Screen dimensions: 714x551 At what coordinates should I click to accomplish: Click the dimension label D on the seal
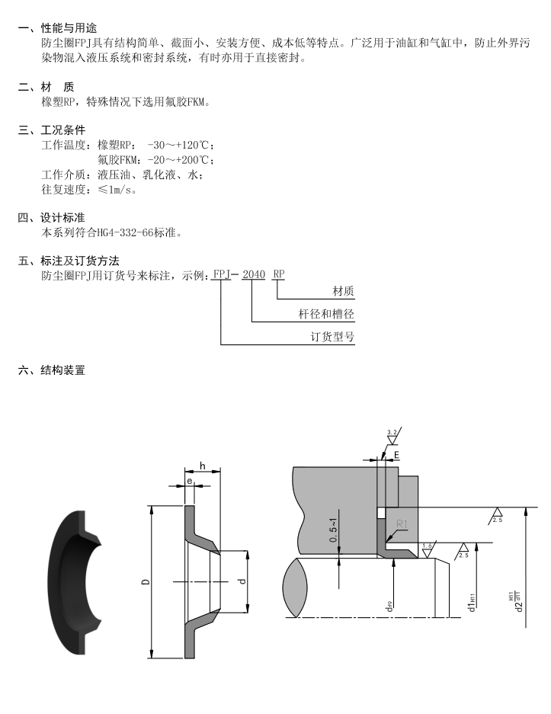coord(145,581)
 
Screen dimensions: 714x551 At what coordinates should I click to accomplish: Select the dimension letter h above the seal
coord(203,466)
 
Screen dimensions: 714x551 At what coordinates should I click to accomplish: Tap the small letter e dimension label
coord(188,482)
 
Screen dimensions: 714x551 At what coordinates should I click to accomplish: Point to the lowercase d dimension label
coord(241,581)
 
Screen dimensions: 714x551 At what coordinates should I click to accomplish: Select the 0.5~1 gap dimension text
coord(333,527)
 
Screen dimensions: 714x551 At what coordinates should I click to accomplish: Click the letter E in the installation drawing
coord(396,455)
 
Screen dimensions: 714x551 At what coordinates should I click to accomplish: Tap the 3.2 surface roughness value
coord(392,433)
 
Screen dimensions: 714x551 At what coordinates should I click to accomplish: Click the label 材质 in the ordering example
coord(344,291)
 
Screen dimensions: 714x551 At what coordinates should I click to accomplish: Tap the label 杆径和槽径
coord(326,314)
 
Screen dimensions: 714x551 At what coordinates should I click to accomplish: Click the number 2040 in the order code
coord(254,274)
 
